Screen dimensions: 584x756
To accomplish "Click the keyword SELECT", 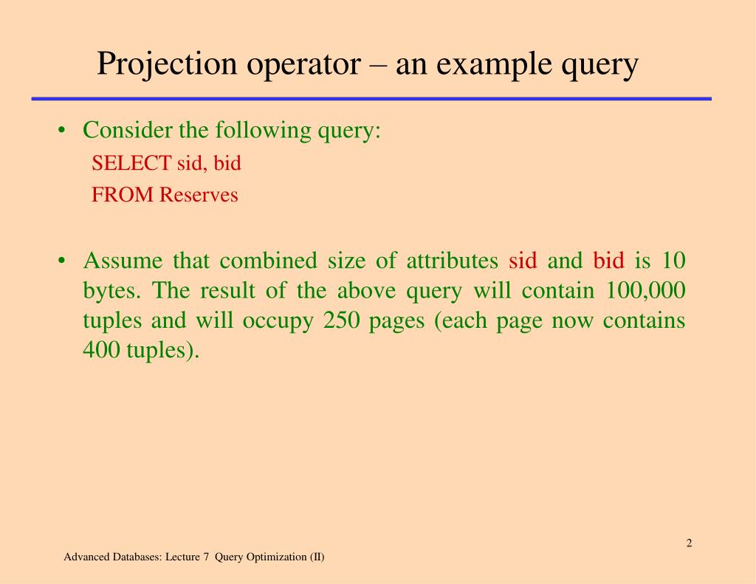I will [131, 163].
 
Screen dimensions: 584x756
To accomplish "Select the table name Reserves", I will [199, 195].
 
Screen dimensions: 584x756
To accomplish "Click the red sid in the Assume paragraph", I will [523, 261].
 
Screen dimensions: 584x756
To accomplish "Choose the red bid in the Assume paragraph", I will [609, 261].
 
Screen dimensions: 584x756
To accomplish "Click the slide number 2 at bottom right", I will [689, 544].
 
